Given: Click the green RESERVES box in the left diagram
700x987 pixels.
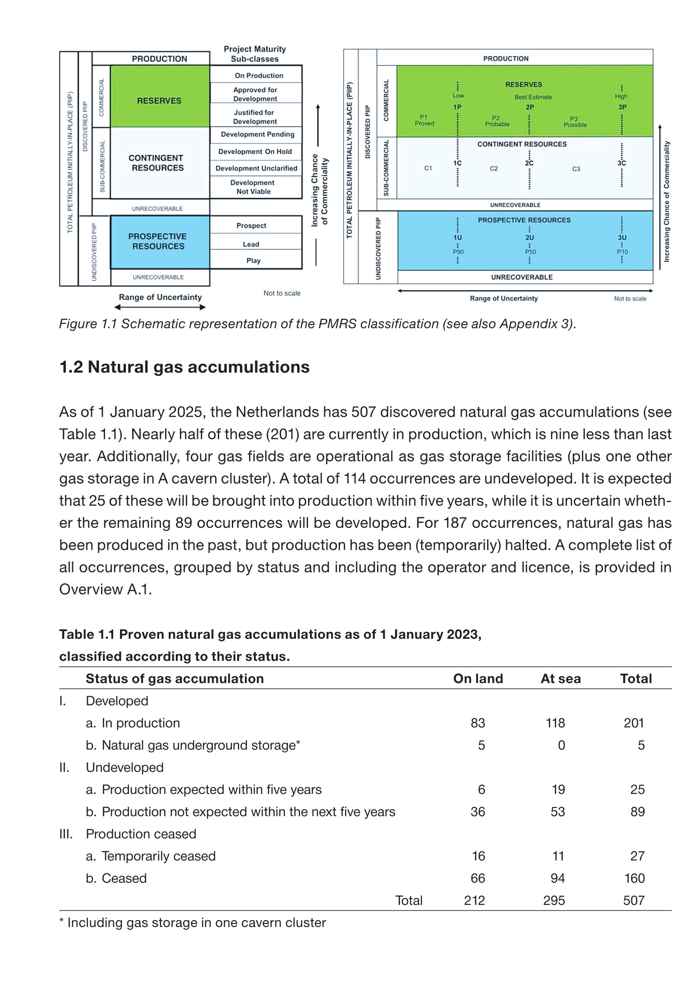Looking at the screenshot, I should point(159,97).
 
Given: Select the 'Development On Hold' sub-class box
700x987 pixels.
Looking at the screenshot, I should point(255,152).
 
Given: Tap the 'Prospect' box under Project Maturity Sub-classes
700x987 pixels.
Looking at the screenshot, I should point(251,225).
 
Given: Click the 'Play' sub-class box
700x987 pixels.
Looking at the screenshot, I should point(253,260).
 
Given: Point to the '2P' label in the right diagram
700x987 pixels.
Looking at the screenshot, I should point(530,107).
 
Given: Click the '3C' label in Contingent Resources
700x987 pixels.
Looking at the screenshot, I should point(622,163).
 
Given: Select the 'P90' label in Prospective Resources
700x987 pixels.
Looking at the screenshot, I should point(458,252).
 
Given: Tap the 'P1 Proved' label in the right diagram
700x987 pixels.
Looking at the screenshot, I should point(424,120).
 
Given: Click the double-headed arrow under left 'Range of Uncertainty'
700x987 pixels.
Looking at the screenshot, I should point(160,307).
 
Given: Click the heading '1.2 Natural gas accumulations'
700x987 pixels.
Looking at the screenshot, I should point(184,367).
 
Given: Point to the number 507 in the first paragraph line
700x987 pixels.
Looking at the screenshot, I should point(364,412).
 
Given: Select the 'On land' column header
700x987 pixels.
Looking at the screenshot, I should point(478,678).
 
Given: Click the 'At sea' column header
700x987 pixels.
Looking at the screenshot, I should point(560,678).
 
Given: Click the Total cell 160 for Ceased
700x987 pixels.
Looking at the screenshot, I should point(634,878).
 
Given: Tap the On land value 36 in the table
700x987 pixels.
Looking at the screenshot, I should point(478,812).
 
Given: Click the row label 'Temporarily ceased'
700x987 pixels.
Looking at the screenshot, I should point(158,856).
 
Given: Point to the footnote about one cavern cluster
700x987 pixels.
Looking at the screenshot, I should point(193,922).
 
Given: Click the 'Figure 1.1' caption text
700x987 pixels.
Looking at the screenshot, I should point(317,324).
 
